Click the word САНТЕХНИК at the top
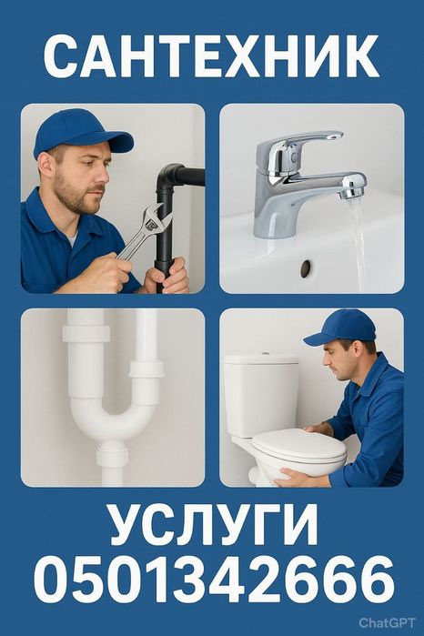tap(211, 56)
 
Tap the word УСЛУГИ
tap(214, 526)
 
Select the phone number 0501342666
tap(214, 580)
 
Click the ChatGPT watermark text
tap(387, 622)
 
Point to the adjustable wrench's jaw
tap(154, 217)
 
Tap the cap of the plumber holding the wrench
tap(80, 132)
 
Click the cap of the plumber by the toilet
tap(341, 328)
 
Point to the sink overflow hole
tap(306, 268)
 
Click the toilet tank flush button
tap(265, 354)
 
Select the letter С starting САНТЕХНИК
tap(63, 56)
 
